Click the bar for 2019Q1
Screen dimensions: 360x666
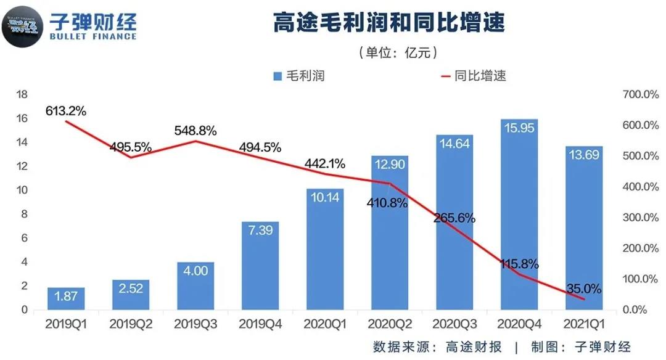pyautogui.click(x=65, y=298)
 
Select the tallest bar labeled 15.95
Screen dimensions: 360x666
pyautogui.click(x=519, y=216)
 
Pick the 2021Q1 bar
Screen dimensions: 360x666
pyautogui.click(x=583, y=228)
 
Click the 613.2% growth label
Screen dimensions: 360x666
pyautogui.click(x=65, y=111)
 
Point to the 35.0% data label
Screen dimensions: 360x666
pyautogui.click(x=583, y=288)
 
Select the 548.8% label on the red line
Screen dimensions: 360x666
pyautogui.click(x=195, y=131)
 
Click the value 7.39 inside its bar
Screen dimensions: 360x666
pyautogui.click(x=260, y=229)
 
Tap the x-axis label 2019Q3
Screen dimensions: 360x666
pyautogui.click(x=195, y=323)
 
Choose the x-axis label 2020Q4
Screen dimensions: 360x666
pyautogui.click(x=519, y=323)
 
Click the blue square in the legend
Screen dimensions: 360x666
pyautogui.click(x=277, y=76)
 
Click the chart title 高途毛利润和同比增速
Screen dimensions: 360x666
pyautogui.click(x=388, y=23)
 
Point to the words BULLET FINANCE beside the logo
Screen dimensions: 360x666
pyautogui.click(x=93, y=36)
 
